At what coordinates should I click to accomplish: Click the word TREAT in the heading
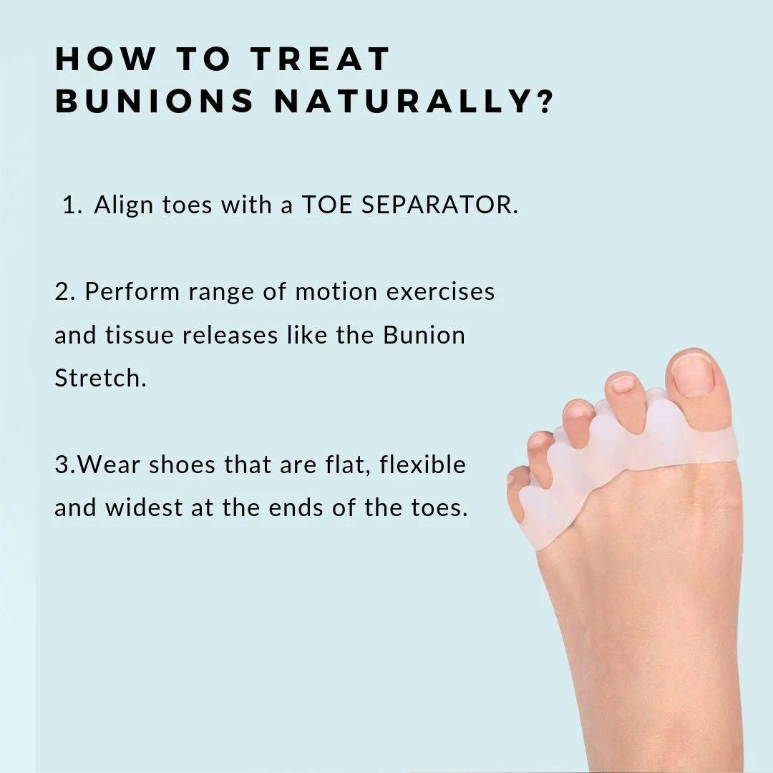click(x=321, y=59)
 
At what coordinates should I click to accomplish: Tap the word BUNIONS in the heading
click(x=155, y=101)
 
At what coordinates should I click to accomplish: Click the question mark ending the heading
click(x=545, y=101)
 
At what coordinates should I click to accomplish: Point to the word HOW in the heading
click(x=105, y=59)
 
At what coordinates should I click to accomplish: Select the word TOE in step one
click(x=326, y=205)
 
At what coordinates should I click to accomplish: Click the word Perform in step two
click(x=132, y=291)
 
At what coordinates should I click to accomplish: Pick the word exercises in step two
click(x=440, y=291)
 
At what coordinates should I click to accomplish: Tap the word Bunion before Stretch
click(x=424, y=335)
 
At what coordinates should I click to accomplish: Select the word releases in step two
click(x=230, y=335)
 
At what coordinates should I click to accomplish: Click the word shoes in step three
click(x=182, y=465)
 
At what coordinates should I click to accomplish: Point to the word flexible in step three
click(x=422, y=465)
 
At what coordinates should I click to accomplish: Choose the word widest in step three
click(x=144, y=507)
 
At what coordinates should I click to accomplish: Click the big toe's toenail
click(x=693, y=374)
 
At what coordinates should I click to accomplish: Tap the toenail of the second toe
click(x=623, y=383)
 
